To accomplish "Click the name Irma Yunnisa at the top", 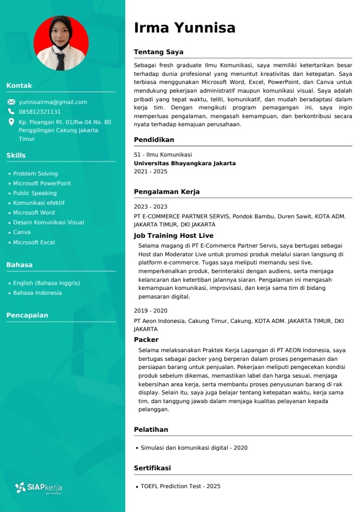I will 184,28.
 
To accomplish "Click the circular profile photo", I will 61,43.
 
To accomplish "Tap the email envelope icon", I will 11,102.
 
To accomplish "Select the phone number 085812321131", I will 40,112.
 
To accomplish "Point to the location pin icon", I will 11,122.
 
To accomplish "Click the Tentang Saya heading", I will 158,52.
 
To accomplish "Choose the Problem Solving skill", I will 35,173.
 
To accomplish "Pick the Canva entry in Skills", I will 22,232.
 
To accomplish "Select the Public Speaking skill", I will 35,193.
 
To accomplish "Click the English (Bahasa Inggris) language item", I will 46,283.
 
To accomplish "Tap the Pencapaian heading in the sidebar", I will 27,315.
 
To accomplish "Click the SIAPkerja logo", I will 38,487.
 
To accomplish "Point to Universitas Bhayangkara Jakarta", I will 184,163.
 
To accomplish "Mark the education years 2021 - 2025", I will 150,171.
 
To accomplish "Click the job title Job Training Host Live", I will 173,236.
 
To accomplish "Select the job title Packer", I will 146,340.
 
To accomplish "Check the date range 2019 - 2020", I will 150,310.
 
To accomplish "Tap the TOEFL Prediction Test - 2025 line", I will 180,486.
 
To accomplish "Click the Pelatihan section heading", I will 151,430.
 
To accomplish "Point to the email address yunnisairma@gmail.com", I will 53,102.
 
